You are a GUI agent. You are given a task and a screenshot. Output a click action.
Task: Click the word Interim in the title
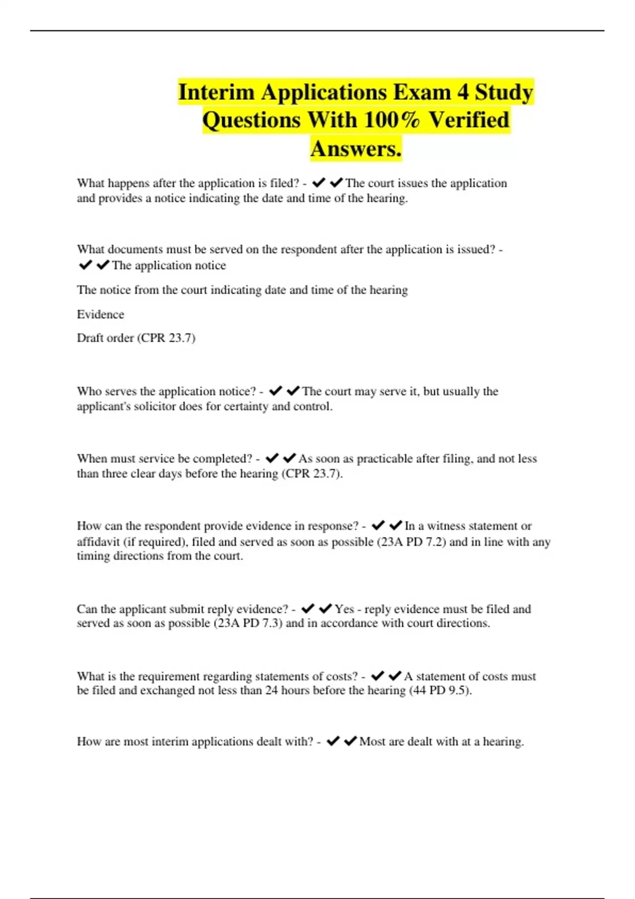[x=216, y=92]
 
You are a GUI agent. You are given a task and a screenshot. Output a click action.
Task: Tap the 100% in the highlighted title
[x=392, y=120]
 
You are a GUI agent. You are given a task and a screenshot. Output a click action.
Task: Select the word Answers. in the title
[x=356, y=149]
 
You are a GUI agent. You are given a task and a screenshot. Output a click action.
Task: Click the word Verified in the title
[x=469, y=120]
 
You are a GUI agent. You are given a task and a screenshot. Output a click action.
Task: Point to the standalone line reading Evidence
[x=101, y=315]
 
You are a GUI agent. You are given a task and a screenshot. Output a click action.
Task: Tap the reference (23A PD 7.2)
[x=411, y=542]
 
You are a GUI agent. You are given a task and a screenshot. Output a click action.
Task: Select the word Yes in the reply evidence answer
[x=344, y=609]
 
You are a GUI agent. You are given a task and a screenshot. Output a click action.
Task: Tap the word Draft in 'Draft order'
[x=90, y=338]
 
